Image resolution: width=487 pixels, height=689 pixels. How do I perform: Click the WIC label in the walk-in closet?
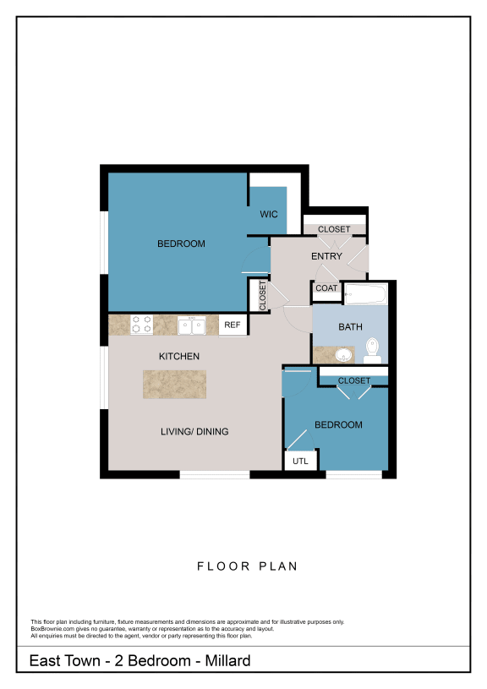pyautogui.click(x=269, y=215)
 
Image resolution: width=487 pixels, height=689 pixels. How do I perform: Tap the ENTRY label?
pyautogui.click(x=326, y=256)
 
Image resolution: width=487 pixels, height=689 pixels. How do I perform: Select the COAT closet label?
pyautogui.click(x=326, y=288)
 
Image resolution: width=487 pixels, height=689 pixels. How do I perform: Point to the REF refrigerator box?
pyautogui.click(x=231, y=325)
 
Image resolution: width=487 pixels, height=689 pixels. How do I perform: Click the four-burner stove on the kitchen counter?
pyautogui.click(x=142, y=325)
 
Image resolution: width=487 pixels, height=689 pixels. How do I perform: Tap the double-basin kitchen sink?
pyautogui.click(x=190, y=325)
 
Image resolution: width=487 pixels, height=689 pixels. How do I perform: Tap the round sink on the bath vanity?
pyautogui.click(x=342, y=354)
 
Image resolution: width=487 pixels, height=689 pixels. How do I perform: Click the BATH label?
pyautogui.click(x=350, y=326)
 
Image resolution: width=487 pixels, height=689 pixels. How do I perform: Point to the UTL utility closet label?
pyautogui.click(x=300, y=462)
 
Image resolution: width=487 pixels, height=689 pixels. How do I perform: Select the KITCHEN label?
pyautogui.click(x=179, y=357)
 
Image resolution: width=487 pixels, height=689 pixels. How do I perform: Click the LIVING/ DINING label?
pyautogui.click(x=194, y=432)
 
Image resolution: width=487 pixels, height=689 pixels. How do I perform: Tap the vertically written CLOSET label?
pyautogui.click(x=261, y=296)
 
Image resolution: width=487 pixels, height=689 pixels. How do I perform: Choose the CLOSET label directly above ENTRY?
pyautogui.click(x=334, y=229)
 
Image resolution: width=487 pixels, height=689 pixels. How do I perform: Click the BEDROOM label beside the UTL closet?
pyautogui.click(x=338, y=425)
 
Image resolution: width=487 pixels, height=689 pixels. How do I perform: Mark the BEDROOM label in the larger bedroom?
pyautogui.click(x=181, y=244)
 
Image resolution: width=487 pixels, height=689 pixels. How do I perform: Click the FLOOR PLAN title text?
pyautogui.click(x=247, y=566)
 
